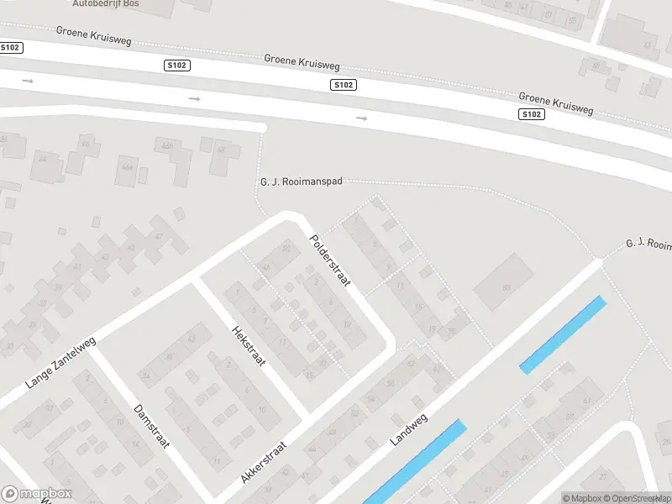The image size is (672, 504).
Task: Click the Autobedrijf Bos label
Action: (106, 4)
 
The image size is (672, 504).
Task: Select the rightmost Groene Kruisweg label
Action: (556, 104)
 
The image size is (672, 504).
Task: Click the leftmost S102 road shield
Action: (11, 48)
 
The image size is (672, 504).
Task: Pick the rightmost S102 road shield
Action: (530, 114)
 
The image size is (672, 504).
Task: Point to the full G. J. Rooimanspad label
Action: (301, 182)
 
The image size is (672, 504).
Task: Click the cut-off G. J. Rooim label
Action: (648, 244)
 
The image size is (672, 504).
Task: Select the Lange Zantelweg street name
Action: (60, 363)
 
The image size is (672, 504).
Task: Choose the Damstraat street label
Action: (151, 426)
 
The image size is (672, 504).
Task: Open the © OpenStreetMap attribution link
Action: (637, 498)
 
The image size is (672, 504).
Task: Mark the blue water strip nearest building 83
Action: (563, 333)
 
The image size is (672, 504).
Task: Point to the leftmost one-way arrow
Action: (28, 81)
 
